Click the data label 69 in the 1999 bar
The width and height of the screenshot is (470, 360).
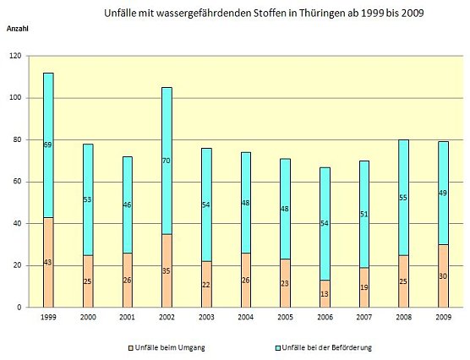tap(47, 145)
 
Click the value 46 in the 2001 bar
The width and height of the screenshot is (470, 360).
tap(127, 205)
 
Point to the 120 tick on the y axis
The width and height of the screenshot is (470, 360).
tap(14, 57)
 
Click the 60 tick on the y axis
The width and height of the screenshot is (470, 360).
tap(16, 182)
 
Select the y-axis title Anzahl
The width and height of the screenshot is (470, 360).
tap(18, 29)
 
